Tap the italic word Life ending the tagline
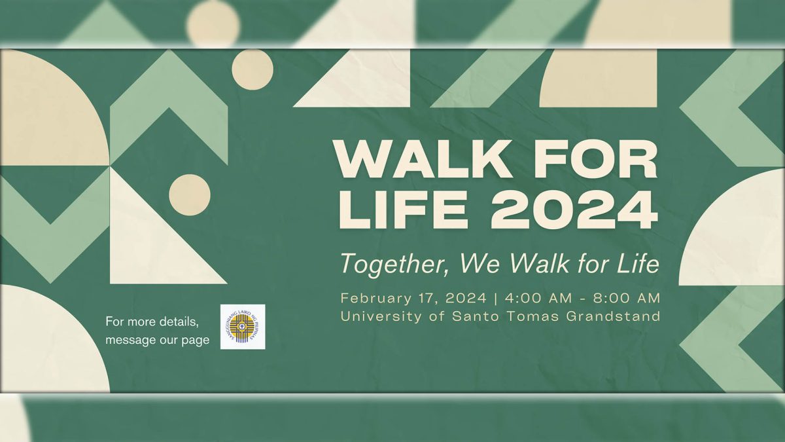tap(637, 263)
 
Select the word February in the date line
tap(375, 299)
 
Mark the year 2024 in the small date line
tap(466, 299)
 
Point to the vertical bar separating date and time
tap(497, 299)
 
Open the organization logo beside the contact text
tap(243, 327)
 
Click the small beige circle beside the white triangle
tap(190, 195)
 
